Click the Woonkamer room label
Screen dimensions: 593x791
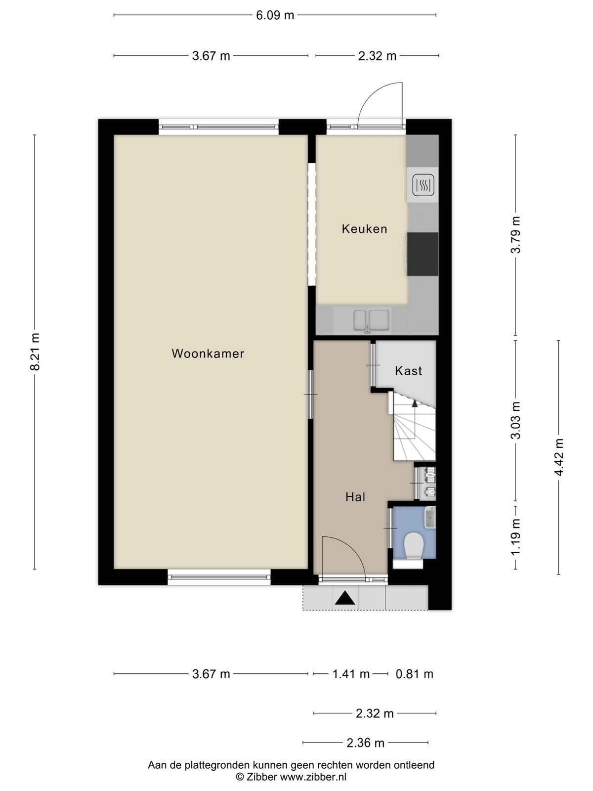[208, 353]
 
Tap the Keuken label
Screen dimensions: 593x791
[364, 229]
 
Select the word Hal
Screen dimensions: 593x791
[355, 497]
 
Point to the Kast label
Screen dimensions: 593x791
[408, 371]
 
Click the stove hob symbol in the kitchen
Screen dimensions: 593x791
[423, 185]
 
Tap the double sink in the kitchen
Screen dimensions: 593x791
[371, 320]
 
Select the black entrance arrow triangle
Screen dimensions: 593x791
[345, 598]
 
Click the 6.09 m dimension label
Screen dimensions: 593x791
[275, 15]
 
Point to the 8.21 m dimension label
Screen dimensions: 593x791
[35, 352]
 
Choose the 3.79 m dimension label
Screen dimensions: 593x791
[515, 235]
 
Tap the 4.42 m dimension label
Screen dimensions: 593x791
[559, 457]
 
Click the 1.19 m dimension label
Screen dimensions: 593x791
[515, 536]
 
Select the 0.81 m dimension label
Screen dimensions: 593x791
[415, 674]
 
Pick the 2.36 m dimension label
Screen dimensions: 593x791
[366, 743]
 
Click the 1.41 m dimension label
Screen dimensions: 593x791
[351, 674]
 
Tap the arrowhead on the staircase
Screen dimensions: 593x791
[415, 403]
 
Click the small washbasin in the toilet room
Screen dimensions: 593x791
[430, 518]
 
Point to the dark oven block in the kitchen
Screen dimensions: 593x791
[423, 254]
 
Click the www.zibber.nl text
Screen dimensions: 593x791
[313, 777]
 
